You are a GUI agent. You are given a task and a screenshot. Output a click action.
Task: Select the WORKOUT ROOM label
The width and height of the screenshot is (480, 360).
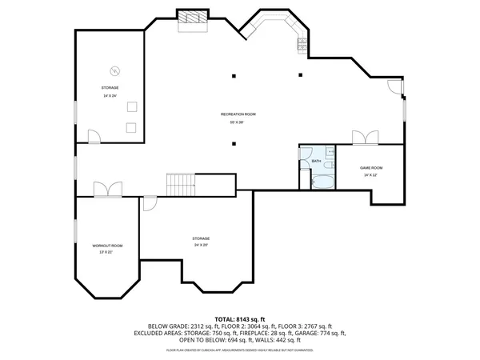(x=106, y=245)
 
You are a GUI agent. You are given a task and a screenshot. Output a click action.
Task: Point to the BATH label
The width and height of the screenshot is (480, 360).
(x=315, y=162)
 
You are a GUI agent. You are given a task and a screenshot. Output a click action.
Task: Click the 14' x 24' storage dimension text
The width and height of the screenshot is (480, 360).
(x=110, y=96)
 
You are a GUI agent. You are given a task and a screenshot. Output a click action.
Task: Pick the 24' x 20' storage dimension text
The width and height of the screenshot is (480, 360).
(x=200, y=246)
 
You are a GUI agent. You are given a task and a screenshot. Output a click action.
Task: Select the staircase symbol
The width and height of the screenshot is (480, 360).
(x=181, y=184)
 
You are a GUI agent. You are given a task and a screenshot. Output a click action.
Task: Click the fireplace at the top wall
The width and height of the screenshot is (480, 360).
(x=192, y=18)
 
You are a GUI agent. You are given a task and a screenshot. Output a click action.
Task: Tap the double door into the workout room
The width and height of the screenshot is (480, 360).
(x=106, y=190)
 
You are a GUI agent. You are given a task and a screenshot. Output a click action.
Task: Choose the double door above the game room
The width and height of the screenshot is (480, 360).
(x=365, y=138)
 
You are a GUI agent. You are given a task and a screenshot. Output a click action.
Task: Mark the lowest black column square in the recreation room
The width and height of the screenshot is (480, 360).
(x=234, y=144)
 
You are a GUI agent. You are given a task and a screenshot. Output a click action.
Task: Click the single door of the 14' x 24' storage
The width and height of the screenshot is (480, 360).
(x=94, y=138)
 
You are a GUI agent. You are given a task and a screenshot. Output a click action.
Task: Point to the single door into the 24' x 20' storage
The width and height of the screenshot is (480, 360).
(x=150, y=203)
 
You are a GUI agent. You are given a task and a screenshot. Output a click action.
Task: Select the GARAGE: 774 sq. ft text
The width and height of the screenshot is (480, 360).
(x=317, y=332)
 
